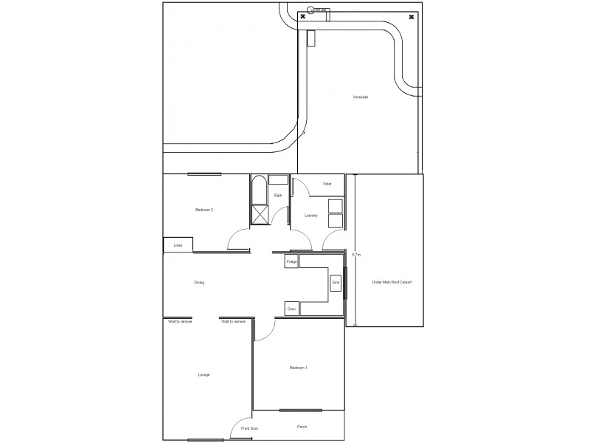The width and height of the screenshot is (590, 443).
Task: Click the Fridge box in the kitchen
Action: pos(291,262)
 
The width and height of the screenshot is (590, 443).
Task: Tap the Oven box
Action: pos(291,309)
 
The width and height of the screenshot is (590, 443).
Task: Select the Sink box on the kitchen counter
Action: pos(336,283)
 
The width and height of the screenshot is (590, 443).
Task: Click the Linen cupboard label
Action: pos(178,245)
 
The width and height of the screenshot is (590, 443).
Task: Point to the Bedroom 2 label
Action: pos(204,210)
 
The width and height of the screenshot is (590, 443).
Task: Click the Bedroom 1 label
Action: pos(298,368)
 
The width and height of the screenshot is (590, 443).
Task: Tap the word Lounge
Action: pos(204,375)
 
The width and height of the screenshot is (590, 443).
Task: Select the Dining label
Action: pos(199,283)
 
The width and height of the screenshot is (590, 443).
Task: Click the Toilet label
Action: pos(327,184)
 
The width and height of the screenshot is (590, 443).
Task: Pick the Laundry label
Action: pos(310,216)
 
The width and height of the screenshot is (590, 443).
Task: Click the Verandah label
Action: pos(360,97)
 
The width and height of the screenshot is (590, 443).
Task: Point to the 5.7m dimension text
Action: pos(356,255)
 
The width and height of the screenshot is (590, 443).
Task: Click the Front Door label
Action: pos(249,428)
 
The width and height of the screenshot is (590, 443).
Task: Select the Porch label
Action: pos(302,427)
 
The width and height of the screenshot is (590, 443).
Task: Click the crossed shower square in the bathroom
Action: pos(260,215)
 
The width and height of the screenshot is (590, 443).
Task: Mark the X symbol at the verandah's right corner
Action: pos(411,17)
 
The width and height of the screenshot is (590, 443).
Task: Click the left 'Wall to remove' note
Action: pos(180,322)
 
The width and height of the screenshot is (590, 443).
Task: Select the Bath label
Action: pos(278,196)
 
